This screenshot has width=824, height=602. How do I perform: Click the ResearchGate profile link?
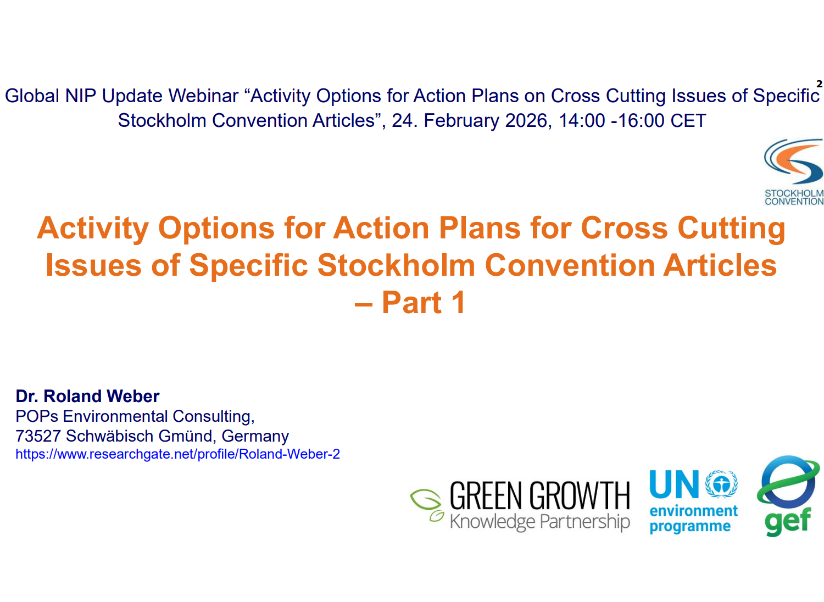(x=177, y=455)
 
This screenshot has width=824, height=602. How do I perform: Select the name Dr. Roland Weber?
(x=87, y=396)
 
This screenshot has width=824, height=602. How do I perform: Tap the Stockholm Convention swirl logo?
(x=794, y=162)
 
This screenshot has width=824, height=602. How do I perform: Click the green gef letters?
(x=788, y=521)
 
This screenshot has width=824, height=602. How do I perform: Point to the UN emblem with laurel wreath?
(x=721, y=484)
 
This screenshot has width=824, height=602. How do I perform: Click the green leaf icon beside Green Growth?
(x=427, y=505)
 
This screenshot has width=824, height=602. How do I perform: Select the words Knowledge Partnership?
(x=539, y=521)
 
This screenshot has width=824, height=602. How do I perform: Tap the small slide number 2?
(x=819, y=84)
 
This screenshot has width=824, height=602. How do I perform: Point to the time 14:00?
(x=582, y=121)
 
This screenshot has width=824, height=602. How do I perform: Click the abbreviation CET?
(x=688, y=121)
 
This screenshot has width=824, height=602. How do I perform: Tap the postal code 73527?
(x=38, y=436)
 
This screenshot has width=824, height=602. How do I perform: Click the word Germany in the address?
(x=255, y=437)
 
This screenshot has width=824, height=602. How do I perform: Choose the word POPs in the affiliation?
(x=37, y=416)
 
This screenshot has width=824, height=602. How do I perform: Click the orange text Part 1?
(x=424, y=302)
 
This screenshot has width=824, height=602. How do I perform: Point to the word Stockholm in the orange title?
(x=397, y=265)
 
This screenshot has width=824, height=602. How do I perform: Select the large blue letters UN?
(x=674, y=484)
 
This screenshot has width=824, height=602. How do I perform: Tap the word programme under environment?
(x=690, y=527)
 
